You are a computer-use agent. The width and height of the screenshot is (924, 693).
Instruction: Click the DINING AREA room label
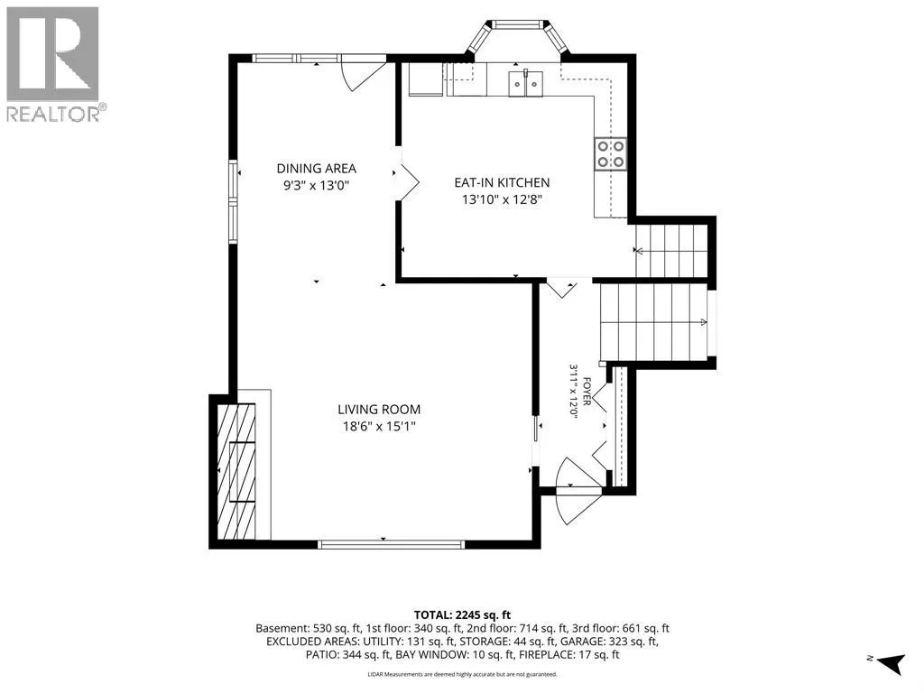pos(317,169)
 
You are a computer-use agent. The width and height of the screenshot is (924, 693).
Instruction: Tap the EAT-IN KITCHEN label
pos(502,182)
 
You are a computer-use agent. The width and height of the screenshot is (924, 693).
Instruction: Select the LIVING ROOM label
pos(379,410)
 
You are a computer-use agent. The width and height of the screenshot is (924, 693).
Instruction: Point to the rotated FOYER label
pos(587,392)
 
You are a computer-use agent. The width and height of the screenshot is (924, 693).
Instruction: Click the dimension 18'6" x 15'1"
pos(379,426)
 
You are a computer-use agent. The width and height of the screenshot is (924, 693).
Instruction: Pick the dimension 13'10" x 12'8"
pos(502,199)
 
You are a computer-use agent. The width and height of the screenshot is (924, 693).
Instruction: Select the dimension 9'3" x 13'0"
pos(317,186)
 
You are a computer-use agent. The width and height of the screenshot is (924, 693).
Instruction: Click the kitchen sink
pos(526,82)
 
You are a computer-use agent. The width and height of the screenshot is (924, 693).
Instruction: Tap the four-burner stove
pos(611,153)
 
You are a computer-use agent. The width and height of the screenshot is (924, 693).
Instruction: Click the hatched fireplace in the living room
pos(236,471)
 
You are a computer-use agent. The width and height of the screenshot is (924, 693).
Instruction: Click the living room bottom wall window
pos(391,544)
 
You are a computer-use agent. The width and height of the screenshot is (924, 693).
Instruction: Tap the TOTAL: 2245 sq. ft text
pos(462,615)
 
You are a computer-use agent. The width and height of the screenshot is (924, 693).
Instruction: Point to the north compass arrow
pos(890,663)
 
